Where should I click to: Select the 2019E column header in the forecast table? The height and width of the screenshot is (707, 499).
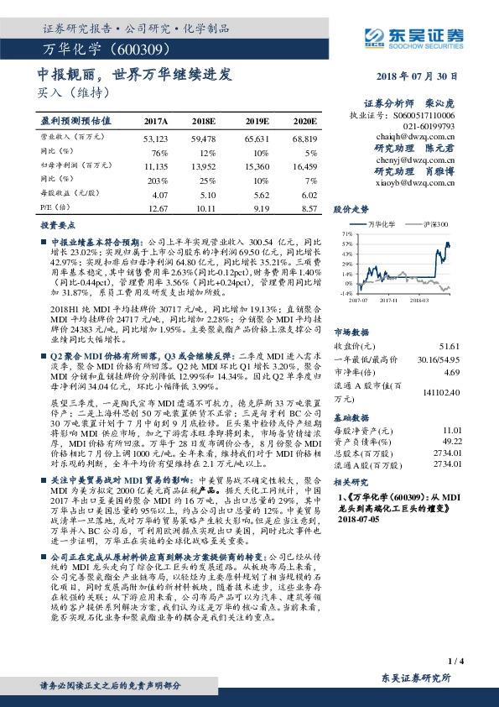256,121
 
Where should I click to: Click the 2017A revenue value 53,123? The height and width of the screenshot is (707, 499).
157,138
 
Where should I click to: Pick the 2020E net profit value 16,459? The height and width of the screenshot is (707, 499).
304,167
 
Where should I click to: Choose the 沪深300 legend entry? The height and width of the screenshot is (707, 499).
433,224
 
